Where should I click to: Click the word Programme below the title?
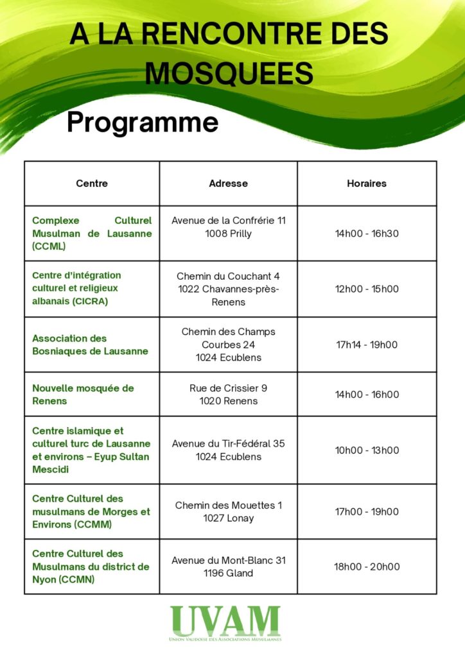143,122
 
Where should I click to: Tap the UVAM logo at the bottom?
225,623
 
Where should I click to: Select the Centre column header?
92,183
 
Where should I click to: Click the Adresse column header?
228,183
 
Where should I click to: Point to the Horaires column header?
367,183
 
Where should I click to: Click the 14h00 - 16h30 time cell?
367,234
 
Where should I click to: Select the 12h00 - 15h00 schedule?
367,289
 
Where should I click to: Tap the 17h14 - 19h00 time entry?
367,345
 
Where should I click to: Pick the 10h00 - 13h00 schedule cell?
367,450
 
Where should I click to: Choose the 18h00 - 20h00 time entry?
367,567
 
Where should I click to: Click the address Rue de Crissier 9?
228,388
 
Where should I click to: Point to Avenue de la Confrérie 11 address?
228,221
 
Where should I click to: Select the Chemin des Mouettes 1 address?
228,506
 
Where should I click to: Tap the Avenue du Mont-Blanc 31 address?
228,560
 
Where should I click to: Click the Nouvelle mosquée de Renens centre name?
83,395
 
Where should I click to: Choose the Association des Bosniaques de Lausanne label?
90,345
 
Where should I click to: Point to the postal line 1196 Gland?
228,573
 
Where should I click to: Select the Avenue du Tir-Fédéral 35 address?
228,443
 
